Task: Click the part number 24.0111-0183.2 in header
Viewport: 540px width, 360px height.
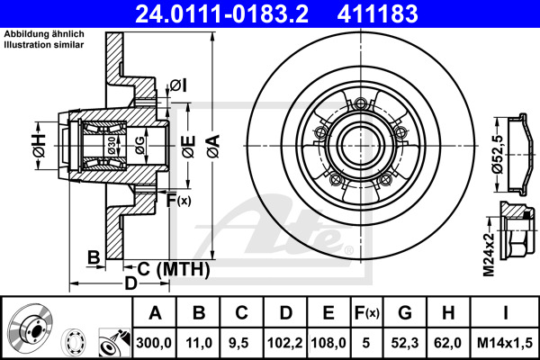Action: tap(221, 13)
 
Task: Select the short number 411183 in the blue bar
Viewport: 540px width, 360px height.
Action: tap(377, 13)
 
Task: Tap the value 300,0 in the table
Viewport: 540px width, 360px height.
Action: tap(154, 343)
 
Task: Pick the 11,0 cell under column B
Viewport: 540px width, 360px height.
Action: tap(199, 343)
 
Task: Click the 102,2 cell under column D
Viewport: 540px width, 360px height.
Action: tap(285, 343)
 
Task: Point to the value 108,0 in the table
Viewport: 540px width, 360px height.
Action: tap(328, 343)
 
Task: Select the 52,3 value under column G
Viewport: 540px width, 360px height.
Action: tap(405, 343)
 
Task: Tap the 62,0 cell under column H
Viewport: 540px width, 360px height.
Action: tap(448, 343)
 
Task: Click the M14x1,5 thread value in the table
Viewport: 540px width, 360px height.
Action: tap(505, 343)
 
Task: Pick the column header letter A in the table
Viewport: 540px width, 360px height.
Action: tap(155, 313)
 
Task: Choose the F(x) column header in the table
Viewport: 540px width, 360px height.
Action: tap(366, 313)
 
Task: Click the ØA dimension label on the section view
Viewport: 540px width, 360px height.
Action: tap(213, 146)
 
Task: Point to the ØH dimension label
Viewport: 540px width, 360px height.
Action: tap(39, 146)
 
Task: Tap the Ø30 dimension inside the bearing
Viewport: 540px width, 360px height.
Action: tap(112, 145)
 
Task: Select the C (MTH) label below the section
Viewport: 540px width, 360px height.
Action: tap(174, 269)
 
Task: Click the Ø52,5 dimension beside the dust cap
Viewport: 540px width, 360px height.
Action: tap(498, 154)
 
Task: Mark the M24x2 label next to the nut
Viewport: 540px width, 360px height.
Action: tap(489, 255)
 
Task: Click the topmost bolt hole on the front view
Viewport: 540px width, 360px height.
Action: tap(361, 103)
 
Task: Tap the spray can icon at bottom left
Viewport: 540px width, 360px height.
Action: tap(114, 342)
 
